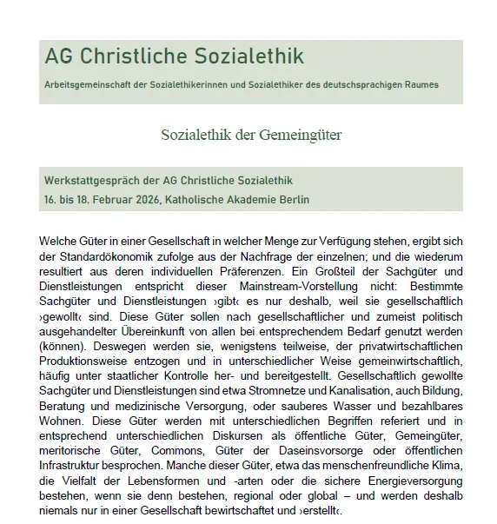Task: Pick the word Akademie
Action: [x=248, y=199]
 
